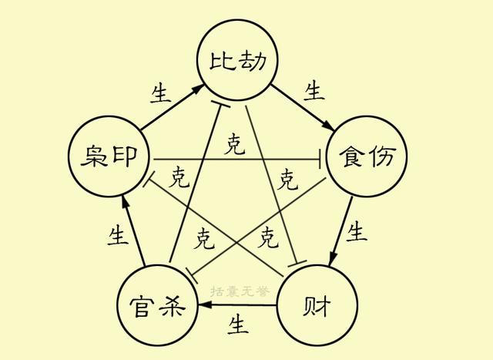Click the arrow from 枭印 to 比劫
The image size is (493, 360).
point(171,107)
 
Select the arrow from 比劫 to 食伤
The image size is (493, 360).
point(303,107)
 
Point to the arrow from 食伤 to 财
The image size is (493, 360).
point(340,231)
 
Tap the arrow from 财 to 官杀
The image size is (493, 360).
point(237,304)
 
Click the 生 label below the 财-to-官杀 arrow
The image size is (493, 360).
point(238,325)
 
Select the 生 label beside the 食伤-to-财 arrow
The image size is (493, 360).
point(356,231)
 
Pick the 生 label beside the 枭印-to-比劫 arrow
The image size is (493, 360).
point(161,93)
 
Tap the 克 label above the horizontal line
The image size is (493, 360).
point(234,144)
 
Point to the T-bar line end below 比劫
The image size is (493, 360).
point(220,104)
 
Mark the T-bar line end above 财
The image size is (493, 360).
point(297,264)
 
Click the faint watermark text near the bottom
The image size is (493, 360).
point(240,291)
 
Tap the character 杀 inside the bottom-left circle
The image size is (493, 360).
point(172,306)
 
